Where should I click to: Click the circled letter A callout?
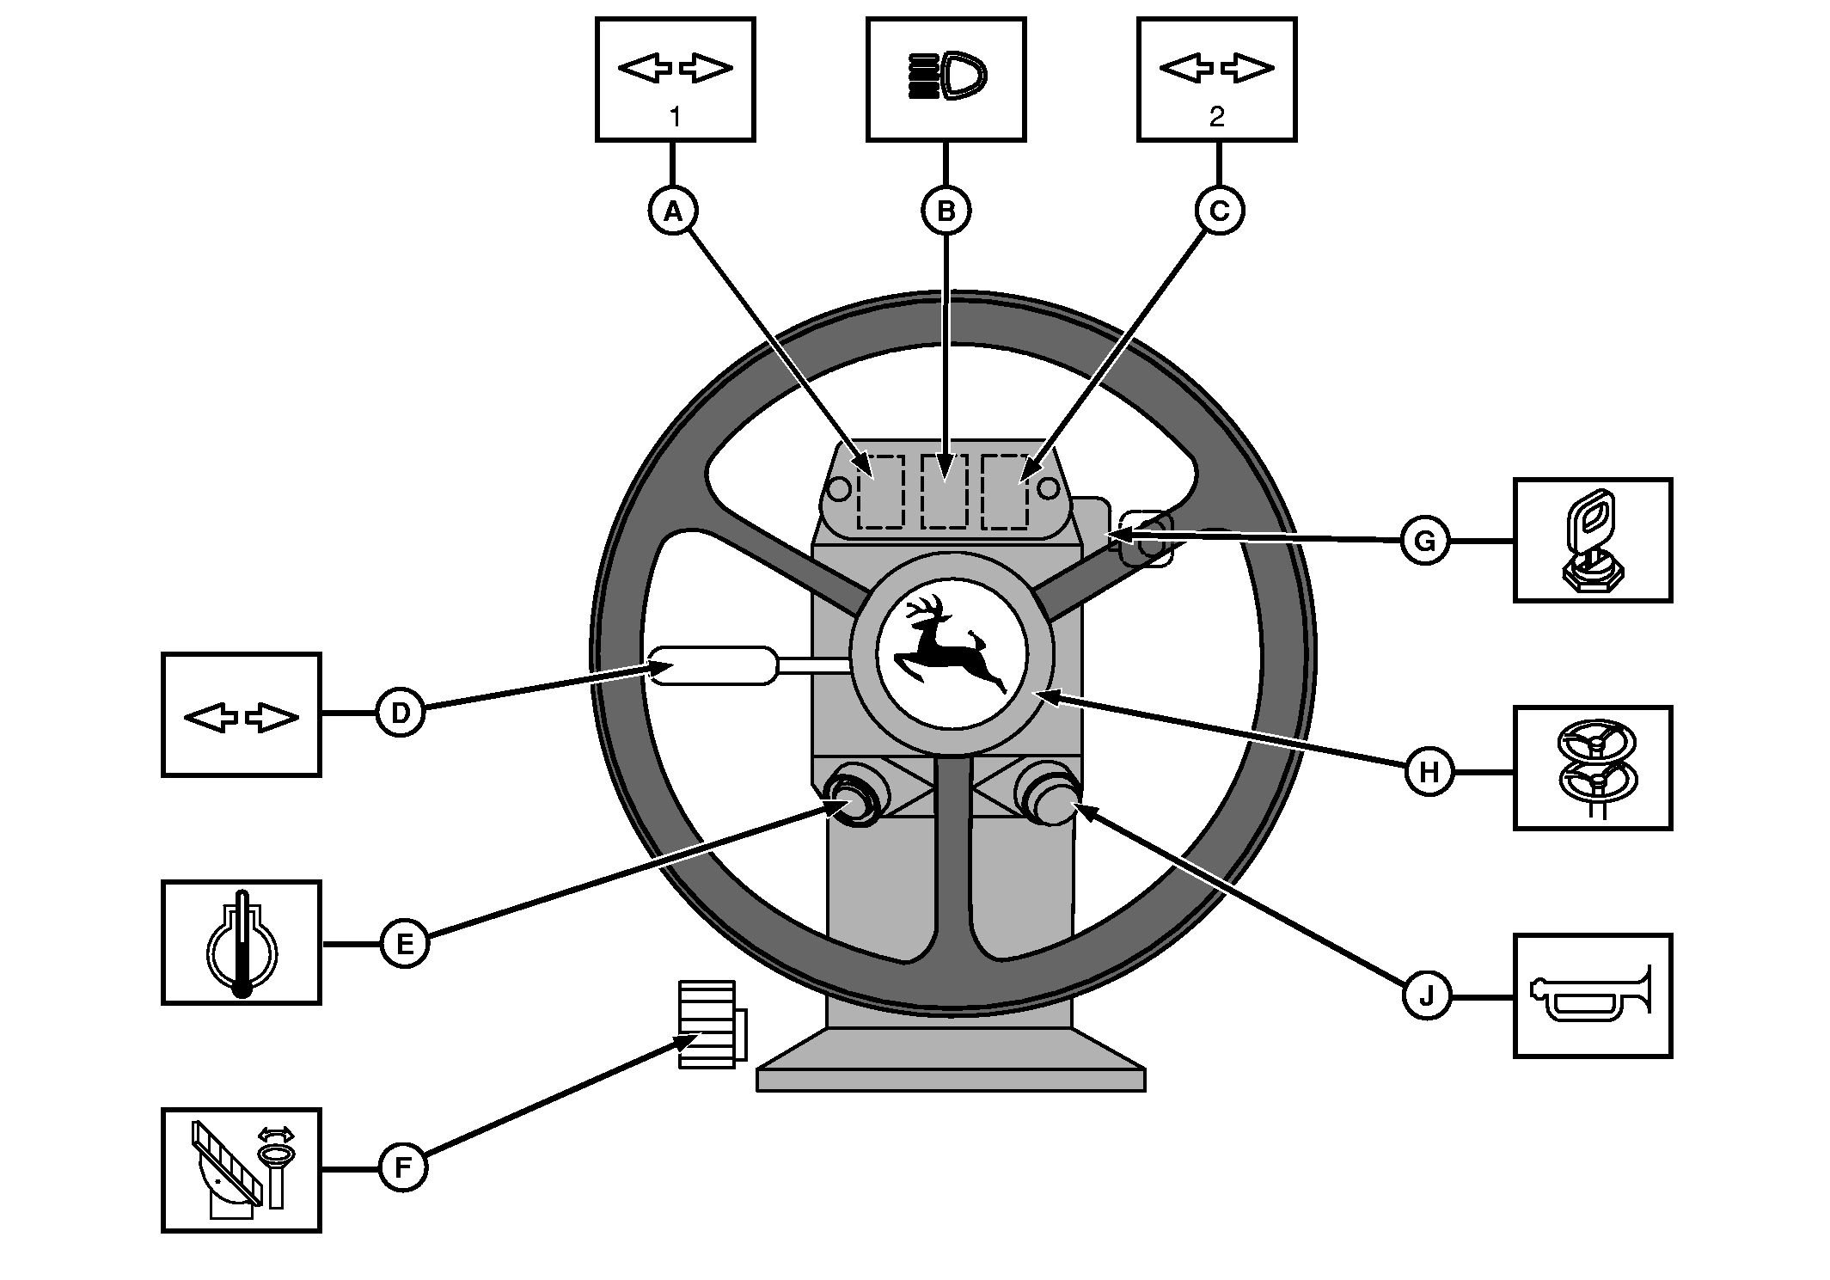(x=673, y=211)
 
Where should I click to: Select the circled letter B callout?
(x=946, y=211)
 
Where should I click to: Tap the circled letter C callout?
(x=1219, y=211)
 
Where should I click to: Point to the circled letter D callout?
(x=401, y=712)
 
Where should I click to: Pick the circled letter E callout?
(x=404, y=943)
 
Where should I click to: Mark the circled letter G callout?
(x=1424, y=542)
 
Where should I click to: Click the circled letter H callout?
(x=1429, y=772)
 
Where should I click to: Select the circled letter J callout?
(x=1427, y=996)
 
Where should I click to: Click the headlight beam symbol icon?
(x=947, y=74)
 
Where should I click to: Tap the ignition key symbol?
(x=1591, y=540)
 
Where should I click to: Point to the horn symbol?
(x=1592, y=995)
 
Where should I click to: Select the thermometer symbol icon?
(x=242, y=943)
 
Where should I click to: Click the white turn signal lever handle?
(x=712, y=665)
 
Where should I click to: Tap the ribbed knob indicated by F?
(x=707, y=1023)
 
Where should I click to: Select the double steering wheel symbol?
(x=1594, y=768)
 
